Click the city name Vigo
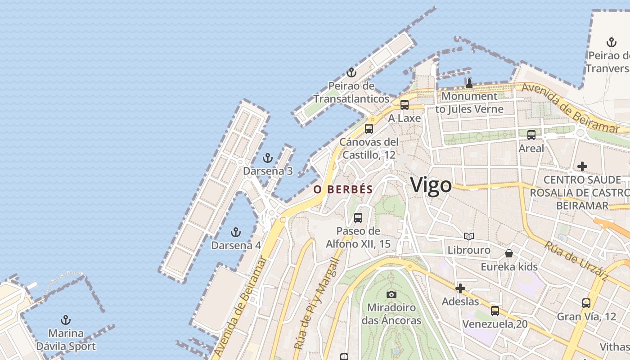[x=431, y=185]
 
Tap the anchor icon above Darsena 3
[x=268, y=158]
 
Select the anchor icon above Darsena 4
[x=235, y=232]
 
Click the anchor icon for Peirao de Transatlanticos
[x=351, y=72]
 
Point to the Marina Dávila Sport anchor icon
[x=66, y=320]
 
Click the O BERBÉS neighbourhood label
[x=343, y=189]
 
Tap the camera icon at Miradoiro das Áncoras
[x=391, y=294]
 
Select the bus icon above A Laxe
[x=405, y=105]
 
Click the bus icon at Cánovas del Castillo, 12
[x=369, y=128]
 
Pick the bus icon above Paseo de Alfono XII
[x=358, y=218]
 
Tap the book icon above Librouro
[x=469, y=236]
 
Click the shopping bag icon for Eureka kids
[x=509, y=253]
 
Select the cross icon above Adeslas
[x=460, y=288]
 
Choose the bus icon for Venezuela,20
[x=495, y=310]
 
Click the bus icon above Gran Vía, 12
[x=586, y=303]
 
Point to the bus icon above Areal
[x=531, y=135]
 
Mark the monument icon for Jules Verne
[x=469, y=83]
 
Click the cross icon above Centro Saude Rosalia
[x=582, y=166]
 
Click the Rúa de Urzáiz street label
[x=576, y=261]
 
